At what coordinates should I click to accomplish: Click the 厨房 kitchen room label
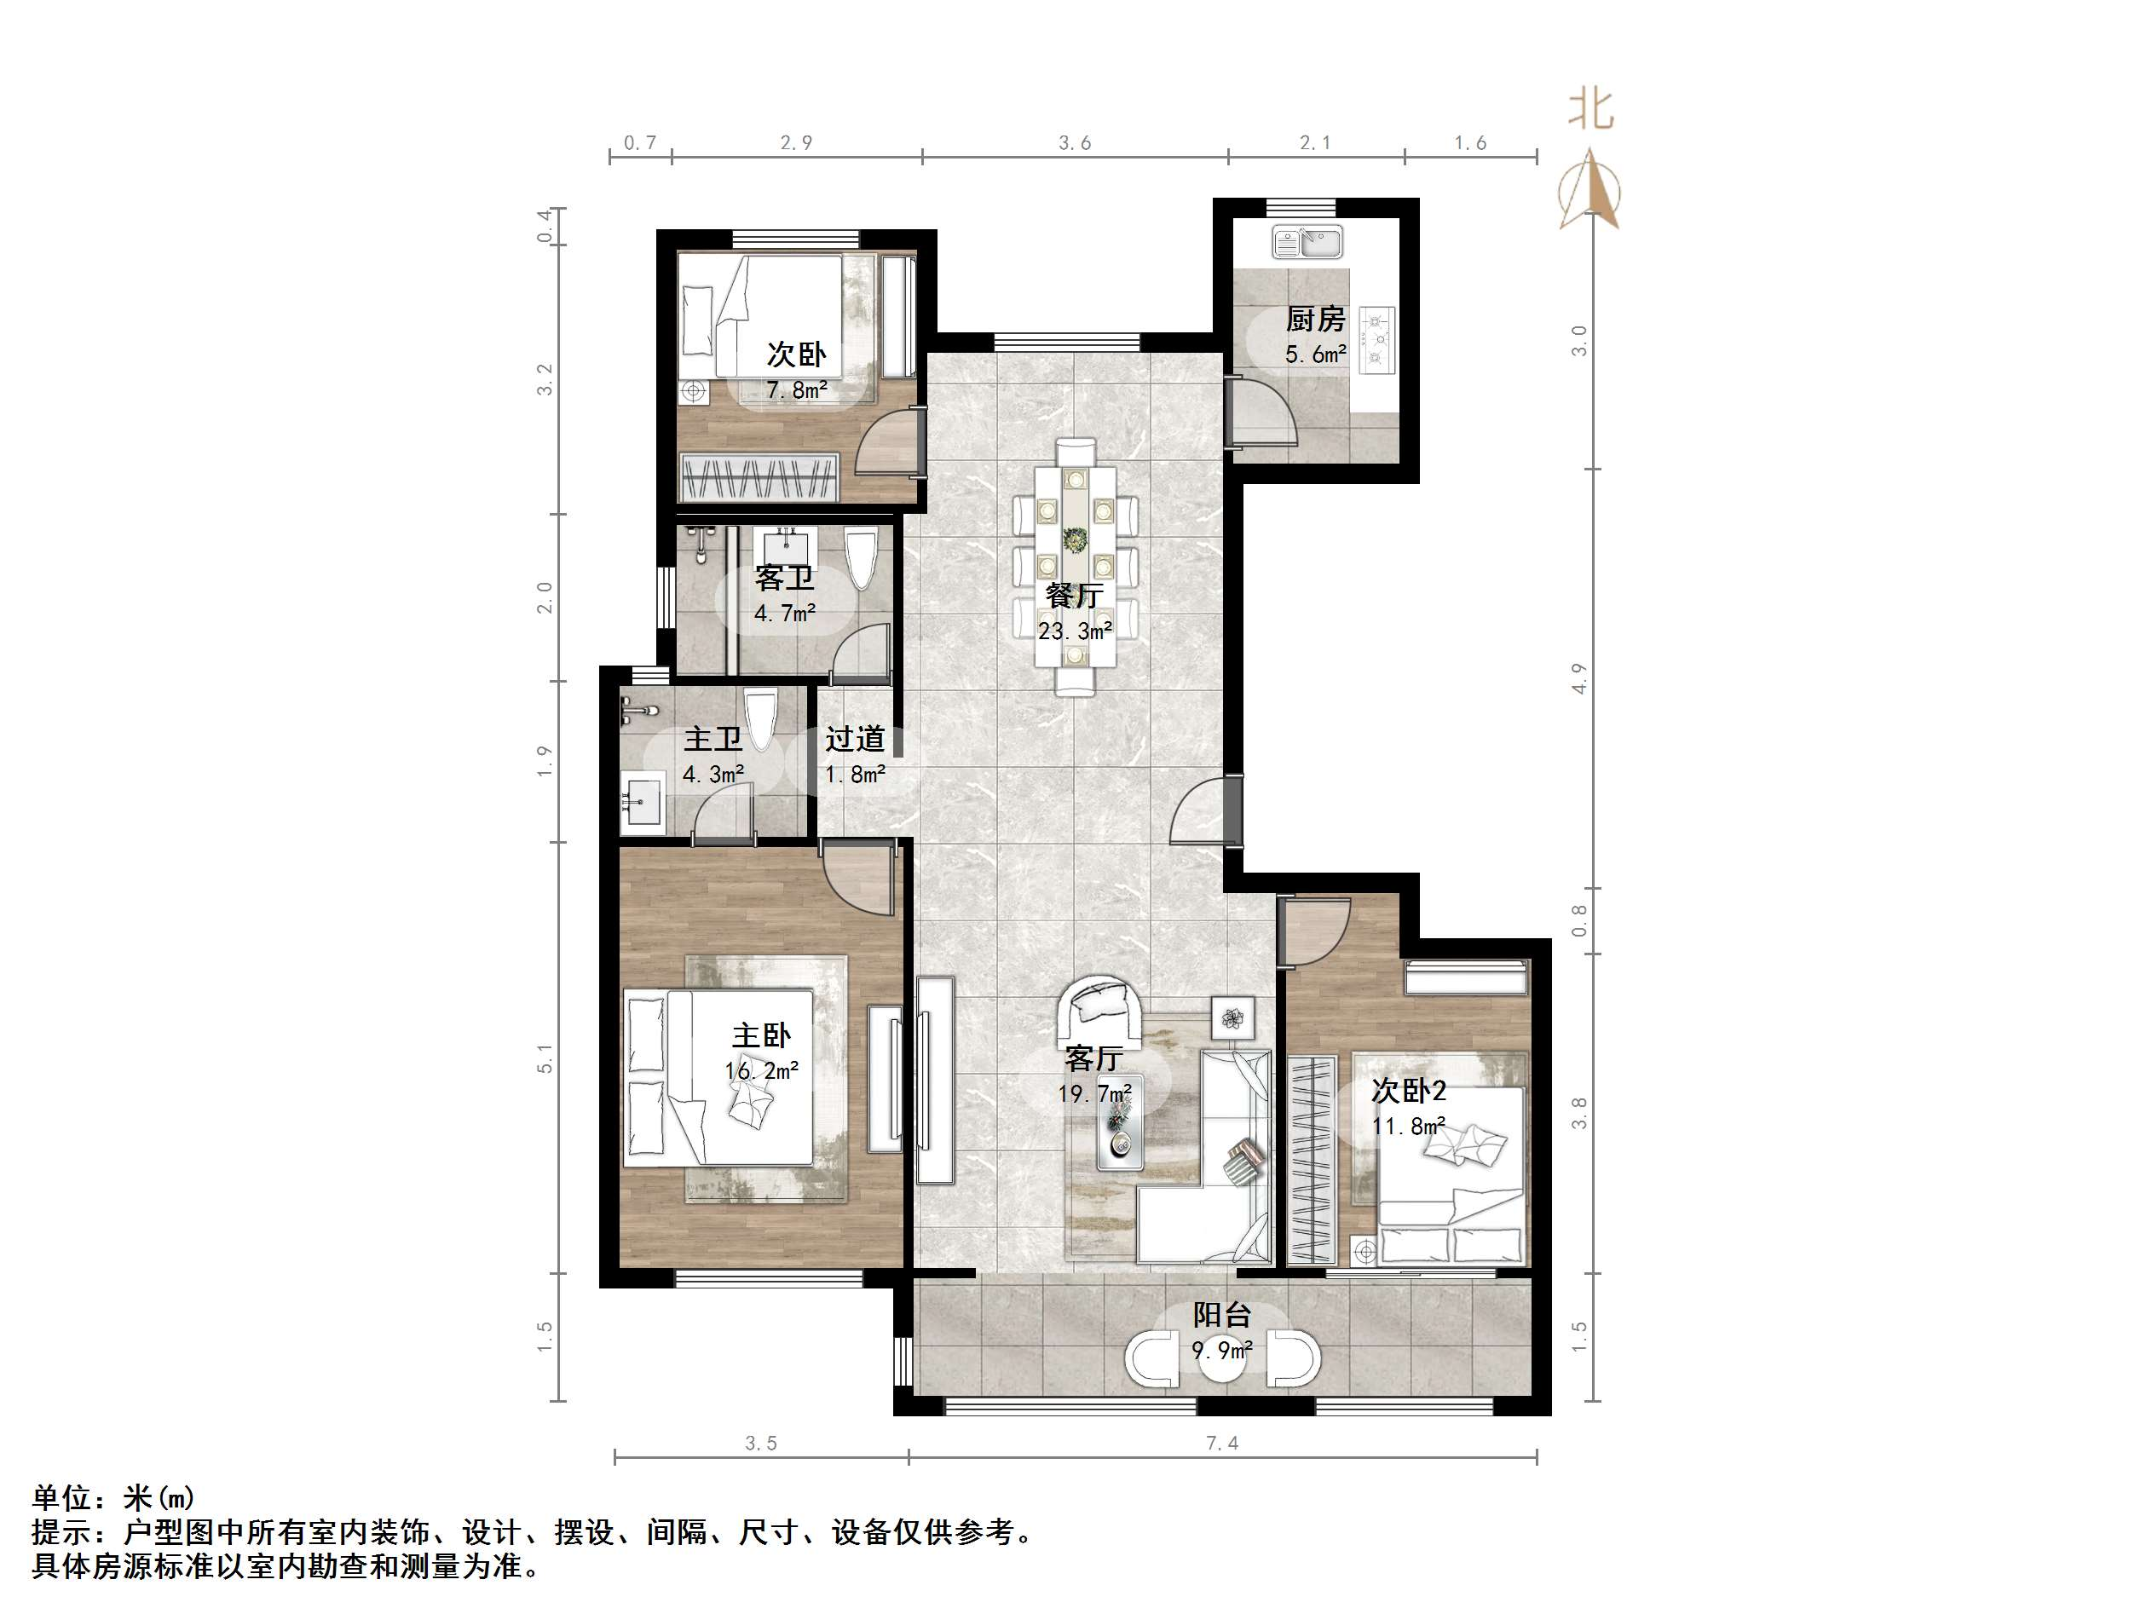click(x=1314, y=319)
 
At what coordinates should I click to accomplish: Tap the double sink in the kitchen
click(x=1307, y=241)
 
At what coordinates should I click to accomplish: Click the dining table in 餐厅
click(x=1074, y=564)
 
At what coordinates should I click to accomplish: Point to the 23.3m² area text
click(x=1074, y=631)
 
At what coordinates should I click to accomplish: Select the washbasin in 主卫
click(x=642, y=804)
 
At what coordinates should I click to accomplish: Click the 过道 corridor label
click(x=854, y=740)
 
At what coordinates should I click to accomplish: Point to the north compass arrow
click(x=1589, y=190)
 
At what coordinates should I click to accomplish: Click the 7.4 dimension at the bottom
click(x=1222, y=1444)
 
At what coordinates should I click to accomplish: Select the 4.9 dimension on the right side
click(x=1578, y=678)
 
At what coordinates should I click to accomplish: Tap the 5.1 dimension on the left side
click(x=545, y=1058)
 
